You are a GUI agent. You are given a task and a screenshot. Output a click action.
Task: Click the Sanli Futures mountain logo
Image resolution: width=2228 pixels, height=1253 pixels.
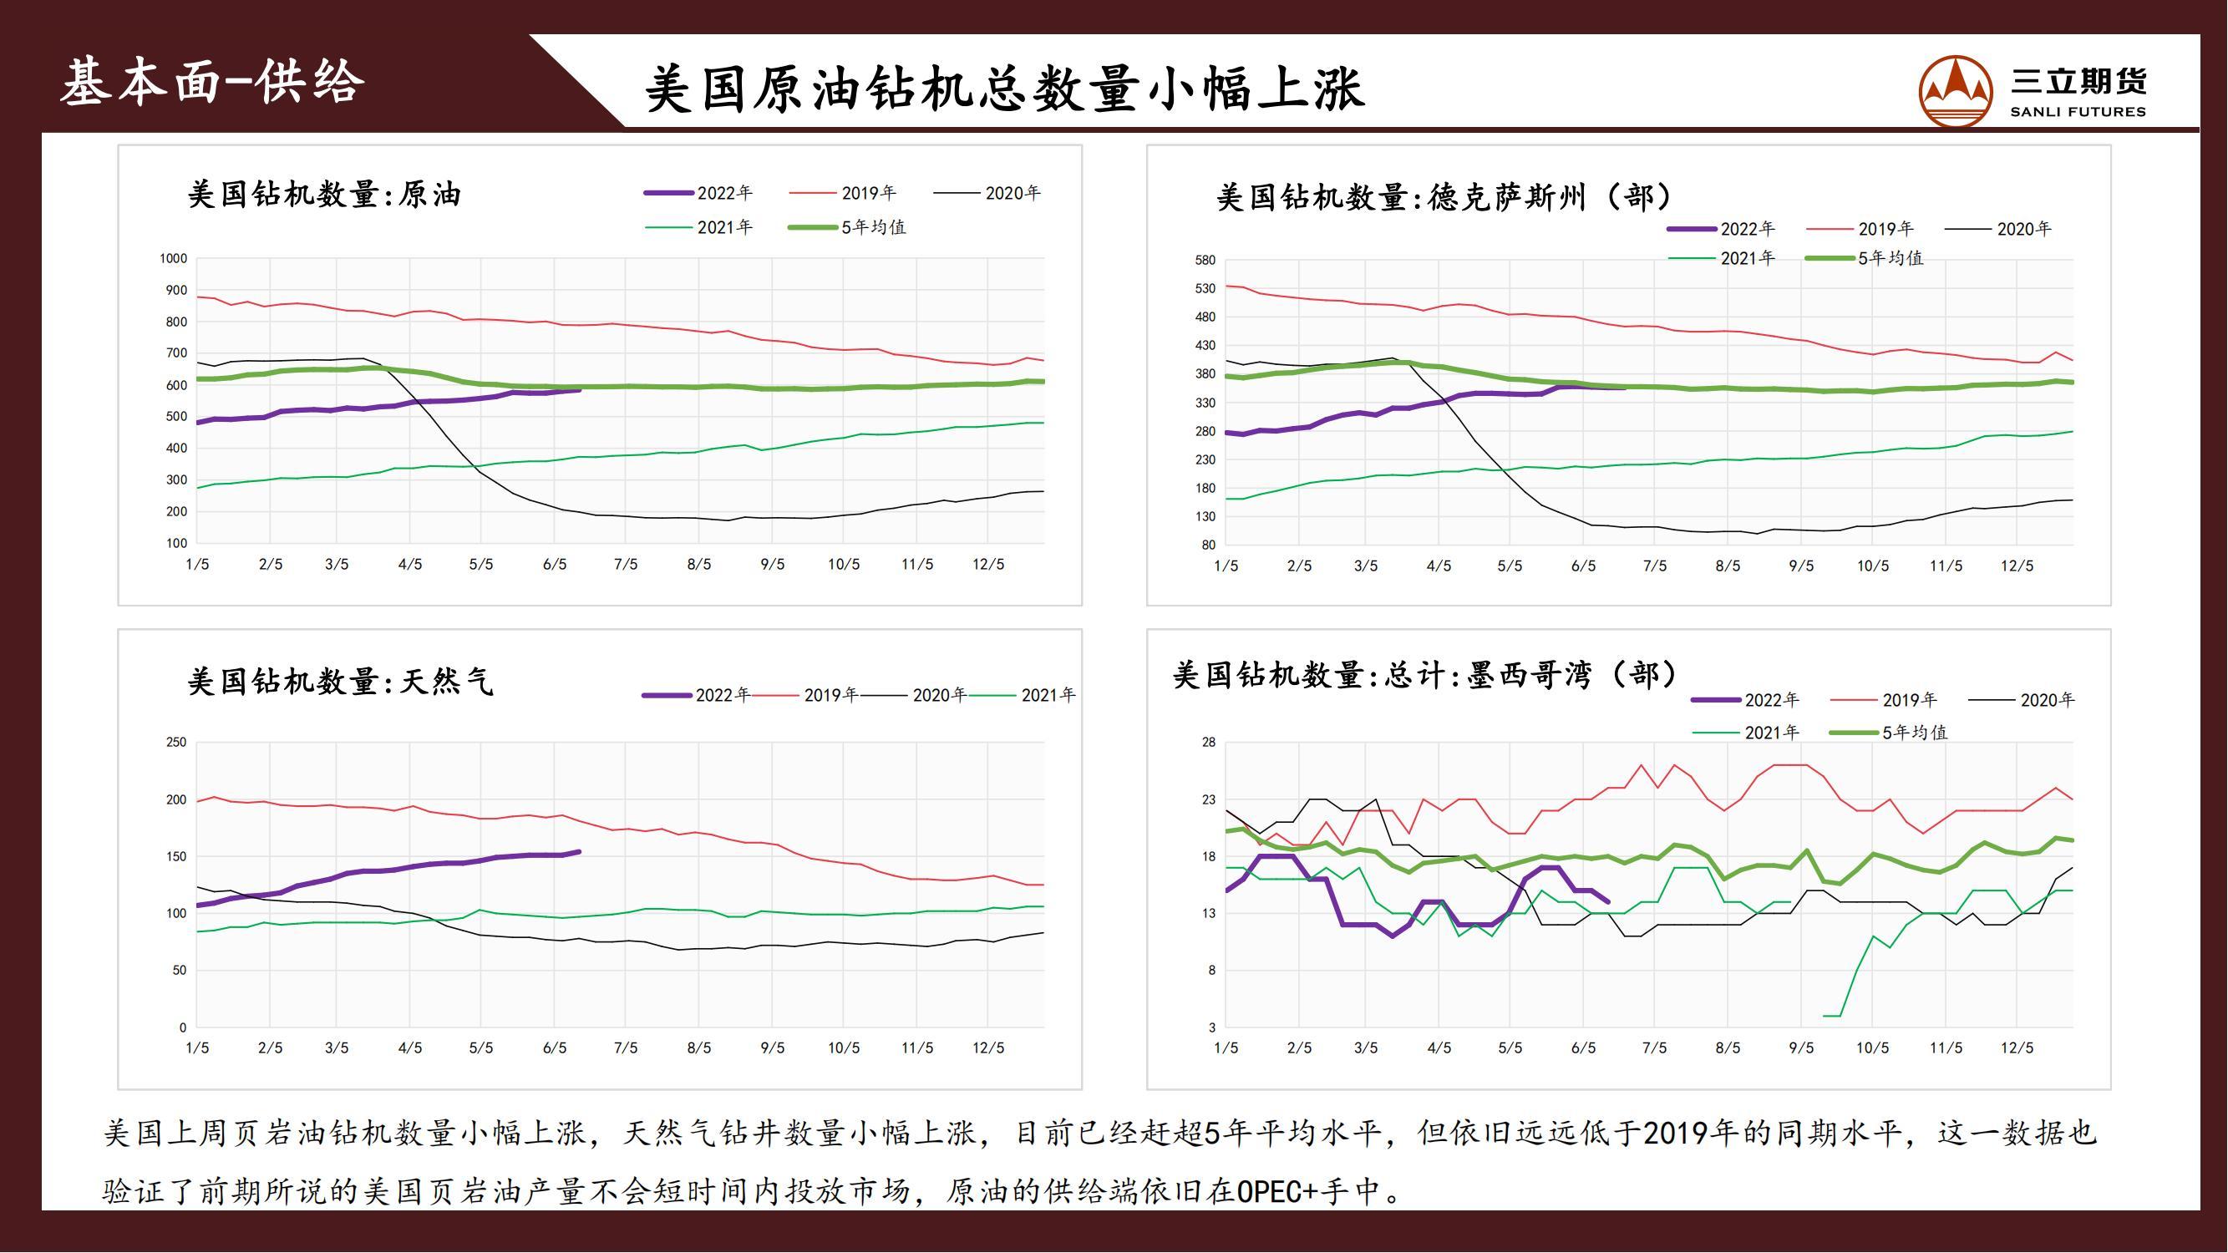1956,90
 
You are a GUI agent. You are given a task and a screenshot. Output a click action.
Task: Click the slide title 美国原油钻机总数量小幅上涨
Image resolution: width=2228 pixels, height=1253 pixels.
1004,89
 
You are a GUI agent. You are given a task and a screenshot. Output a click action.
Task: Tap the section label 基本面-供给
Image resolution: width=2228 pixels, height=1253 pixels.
213,82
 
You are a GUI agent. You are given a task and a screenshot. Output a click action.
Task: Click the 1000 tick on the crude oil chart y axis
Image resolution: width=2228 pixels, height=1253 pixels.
173,259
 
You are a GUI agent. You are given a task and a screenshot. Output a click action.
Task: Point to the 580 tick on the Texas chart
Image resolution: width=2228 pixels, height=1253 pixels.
1205,261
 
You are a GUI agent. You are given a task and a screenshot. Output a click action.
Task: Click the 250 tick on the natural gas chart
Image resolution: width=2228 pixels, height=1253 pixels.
175,742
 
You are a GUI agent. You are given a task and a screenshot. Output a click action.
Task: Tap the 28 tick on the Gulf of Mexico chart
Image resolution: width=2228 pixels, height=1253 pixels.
1208,742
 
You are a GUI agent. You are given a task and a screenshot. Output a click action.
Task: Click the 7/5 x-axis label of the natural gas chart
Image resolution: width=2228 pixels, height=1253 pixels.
626,1048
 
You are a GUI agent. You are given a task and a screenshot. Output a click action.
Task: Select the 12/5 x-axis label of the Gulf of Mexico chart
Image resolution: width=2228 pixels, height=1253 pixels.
2016,1048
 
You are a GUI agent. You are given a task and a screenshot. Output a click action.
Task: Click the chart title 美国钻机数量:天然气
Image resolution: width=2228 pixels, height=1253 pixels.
340,682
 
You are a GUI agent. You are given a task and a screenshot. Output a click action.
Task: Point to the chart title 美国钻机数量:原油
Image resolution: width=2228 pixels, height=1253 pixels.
323,195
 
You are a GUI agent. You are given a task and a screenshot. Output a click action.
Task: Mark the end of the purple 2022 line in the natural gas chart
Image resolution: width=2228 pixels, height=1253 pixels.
580,852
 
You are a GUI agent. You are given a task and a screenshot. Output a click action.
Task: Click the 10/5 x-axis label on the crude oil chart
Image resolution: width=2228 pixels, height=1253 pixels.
843,565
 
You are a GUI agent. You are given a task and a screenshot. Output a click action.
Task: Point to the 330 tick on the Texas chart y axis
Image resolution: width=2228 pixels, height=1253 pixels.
1205,403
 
